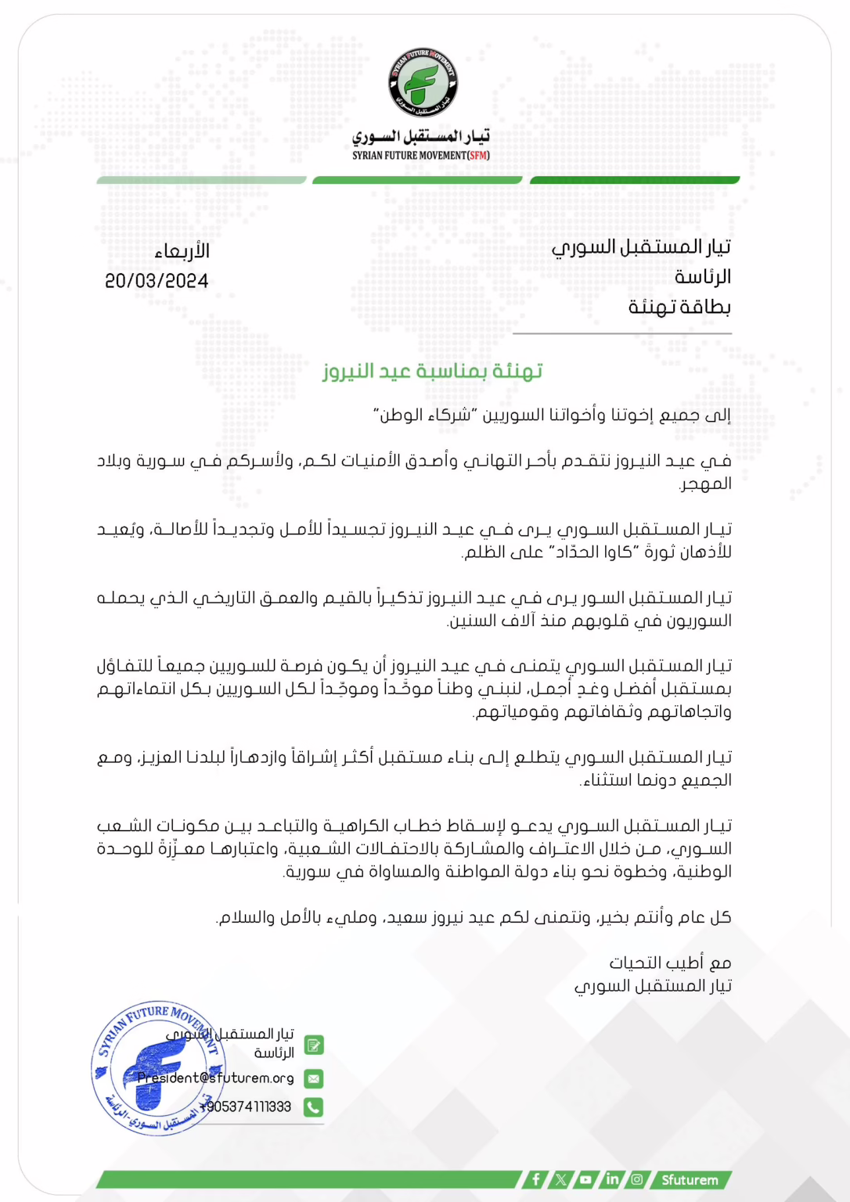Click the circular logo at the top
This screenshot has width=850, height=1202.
[423, 83]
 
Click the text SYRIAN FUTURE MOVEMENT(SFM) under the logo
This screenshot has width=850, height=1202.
[420, 156]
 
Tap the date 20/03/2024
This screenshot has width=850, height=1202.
[157, 281]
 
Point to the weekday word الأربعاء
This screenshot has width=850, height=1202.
[182, 251]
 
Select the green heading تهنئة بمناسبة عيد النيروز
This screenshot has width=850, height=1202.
[432, 371]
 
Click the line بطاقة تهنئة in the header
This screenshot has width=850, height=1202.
[679, 307]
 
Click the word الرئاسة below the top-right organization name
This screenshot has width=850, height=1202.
[702, 277]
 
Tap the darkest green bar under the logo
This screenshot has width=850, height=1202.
[634, 180]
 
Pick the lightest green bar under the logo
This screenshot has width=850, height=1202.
[201, 180]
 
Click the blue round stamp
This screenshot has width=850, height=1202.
[158, 1067]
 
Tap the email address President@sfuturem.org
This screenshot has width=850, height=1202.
[215, 1078]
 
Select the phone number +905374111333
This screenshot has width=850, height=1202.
[245, 1107]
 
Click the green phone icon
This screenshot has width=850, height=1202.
[313, 1107]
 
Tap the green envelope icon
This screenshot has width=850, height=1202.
[313, 1078]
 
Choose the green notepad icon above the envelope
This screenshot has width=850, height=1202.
[313, 1045]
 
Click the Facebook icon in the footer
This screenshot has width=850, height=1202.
[535, 1179]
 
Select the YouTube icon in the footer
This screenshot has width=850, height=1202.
[585, 1179]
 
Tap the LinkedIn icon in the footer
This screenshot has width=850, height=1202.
[612, 1179]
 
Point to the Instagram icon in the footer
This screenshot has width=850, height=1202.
[637, 1179]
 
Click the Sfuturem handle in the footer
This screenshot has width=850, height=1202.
[690, 1179]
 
